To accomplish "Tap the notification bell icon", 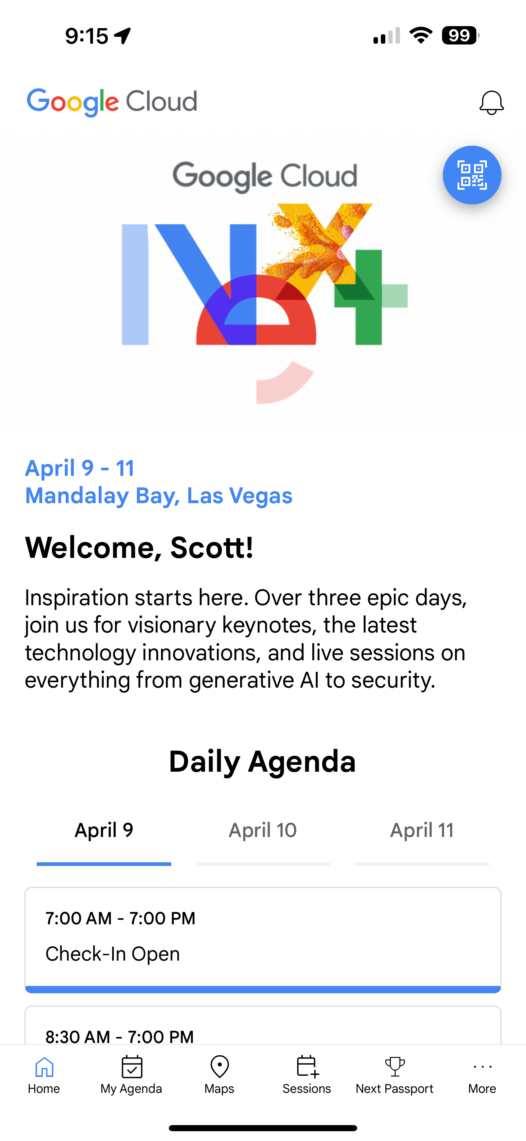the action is coord(491,103).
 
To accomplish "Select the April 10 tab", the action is coord(263,830).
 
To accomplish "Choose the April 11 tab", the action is coord(422,830).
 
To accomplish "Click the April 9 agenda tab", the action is coord(104,830).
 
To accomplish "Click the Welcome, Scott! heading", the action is coord(139,548).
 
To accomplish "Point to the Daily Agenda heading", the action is coord(263,762).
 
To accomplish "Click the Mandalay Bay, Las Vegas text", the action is coord(159,496).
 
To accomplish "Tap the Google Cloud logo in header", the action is coord(112,102).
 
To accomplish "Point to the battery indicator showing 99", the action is coord(460,36).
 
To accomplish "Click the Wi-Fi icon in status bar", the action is coord(421,35).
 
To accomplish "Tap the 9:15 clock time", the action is coord(87,36).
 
